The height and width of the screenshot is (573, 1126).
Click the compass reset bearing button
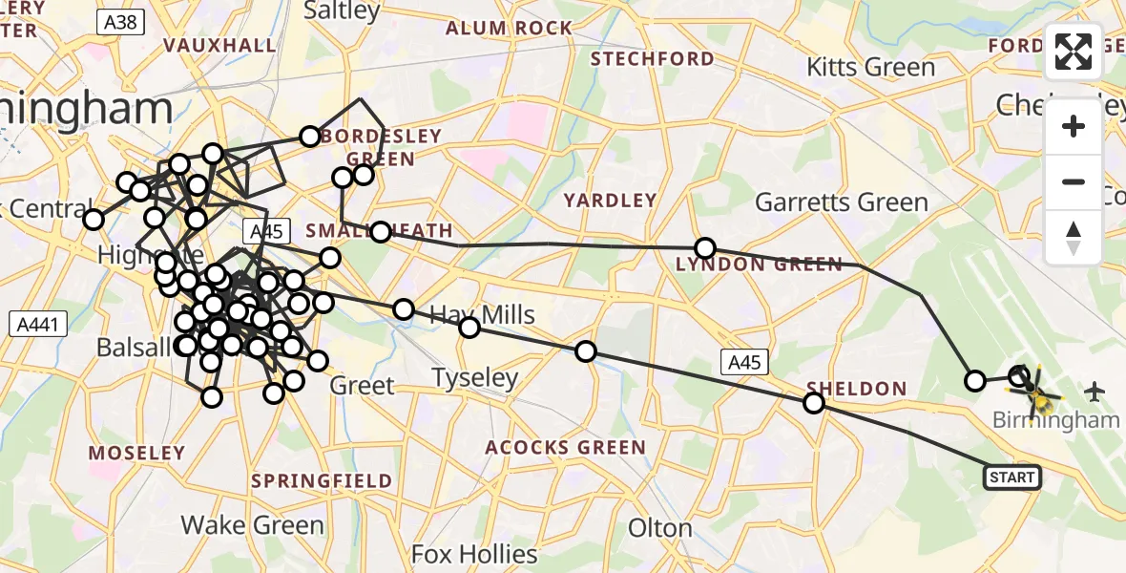coord(1074,237)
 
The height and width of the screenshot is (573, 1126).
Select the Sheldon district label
coord(856,389)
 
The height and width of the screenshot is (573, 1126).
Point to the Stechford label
coord(652,59)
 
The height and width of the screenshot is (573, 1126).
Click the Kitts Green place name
coord(870,67)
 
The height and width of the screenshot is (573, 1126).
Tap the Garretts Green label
coord(841,202)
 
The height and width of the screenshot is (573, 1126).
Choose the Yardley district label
coord(610,201)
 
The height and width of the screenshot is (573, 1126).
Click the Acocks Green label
coord(565,447)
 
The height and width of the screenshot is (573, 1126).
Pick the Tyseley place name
coord(474,377)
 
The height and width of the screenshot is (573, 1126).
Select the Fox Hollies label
coord(474,553)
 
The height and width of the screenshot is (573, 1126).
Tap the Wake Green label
coord(253,524)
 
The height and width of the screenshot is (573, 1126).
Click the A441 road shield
coord(39,325)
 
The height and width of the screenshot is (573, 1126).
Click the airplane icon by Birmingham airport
coord(1094,391)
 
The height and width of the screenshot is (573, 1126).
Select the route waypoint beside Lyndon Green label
coord(704,248)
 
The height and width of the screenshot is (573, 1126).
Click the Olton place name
coord(660,528)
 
